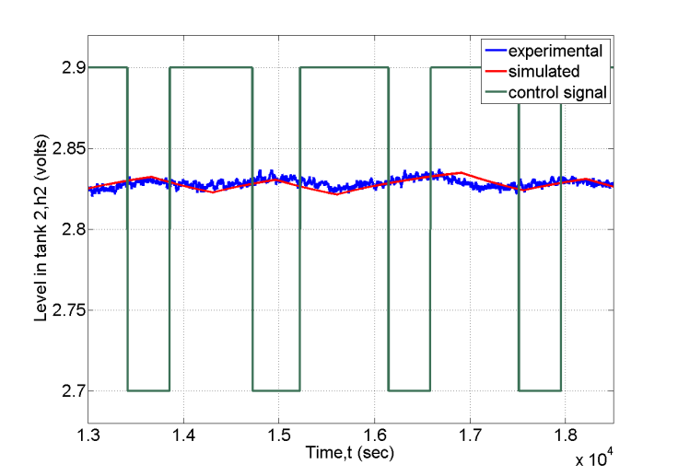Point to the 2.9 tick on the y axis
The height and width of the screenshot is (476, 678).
(x=70, y=67)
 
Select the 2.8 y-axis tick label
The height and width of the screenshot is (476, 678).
(x=70, y=229)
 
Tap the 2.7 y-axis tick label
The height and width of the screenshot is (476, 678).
(x=70, y=390)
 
